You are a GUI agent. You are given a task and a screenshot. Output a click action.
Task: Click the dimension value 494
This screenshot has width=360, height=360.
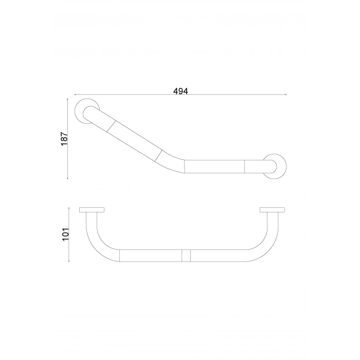click(x=180, y=91)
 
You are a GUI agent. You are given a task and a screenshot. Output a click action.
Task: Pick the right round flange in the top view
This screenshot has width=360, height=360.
click(x=275, y=165)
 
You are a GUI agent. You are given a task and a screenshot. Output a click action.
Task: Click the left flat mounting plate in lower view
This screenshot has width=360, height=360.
click(x=92, y=210)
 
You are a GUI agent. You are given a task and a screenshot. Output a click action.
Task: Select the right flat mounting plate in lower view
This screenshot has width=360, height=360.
click(x=273, y=210)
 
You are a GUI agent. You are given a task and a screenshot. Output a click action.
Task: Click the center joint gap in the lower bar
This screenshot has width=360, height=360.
click(x=186, y=256)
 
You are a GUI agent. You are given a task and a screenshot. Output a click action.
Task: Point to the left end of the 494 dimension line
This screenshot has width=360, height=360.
click(x=75, y=95)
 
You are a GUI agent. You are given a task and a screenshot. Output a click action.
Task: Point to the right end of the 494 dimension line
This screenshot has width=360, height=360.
click(x=286, y=95)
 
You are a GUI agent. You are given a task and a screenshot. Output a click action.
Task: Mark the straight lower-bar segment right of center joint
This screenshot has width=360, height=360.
click(x=219, y=256)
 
